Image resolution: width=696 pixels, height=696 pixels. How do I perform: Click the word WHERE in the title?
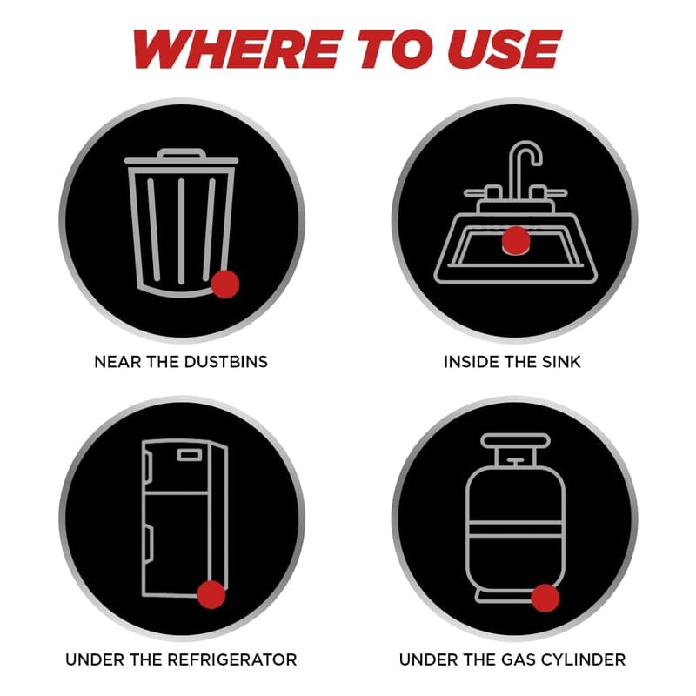click(238, 49)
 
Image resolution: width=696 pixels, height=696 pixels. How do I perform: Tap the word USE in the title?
click(507, 49)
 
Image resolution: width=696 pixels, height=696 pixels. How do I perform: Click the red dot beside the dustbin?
click(225, 284)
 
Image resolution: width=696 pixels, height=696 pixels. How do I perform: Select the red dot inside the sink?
click(516, 241)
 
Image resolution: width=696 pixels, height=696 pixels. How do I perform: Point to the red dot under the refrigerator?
click(211, 594)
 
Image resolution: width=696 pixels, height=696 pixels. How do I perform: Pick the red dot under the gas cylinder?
click(545, 598)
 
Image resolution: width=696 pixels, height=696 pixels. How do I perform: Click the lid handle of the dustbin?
click(182, 154)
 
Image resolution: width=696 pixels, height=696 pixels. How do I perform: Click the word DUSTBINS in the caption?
click(226, 362)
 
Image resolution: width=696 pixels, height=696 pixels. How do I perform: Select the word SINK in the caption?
click(561, 362)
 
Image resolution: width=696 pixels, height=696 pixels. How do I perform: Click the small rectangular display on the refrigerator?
click(191, 455)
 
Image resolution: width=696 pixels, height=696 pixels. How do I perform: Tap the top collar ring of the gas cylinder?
click(515, 440)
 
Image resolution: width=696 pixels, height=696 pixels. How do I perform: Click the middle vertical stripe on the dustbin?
click(181, 231)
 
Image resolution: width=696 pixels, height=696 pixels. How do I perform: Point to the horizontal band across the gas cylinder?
click(515, 529)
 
